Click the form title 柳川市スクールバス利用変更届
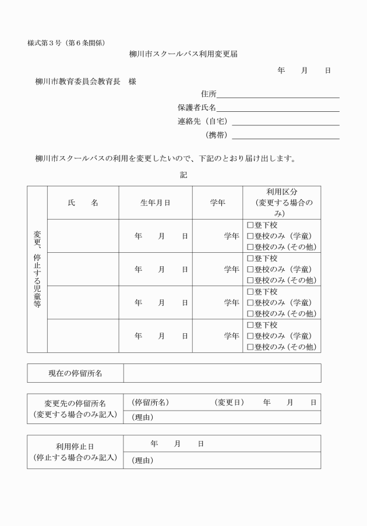183,54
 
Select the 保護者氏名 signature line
278,108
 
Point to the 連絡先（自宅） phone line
285,122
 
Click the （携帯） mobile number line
285,136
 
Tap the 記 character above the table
183,175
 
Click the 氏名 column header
83,203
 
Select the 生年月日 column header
156,203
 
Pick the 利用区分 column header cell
281,202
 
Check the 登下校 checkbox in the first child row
250,225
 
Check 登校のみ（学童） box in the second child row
250,269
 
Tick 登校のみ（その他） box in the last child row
250,347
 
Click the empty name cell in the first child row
83,236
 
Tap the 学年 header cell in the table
217,203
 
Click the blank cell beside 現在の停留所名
221,373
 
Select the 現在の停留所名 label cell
75,373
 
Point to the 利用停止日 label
75,447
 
